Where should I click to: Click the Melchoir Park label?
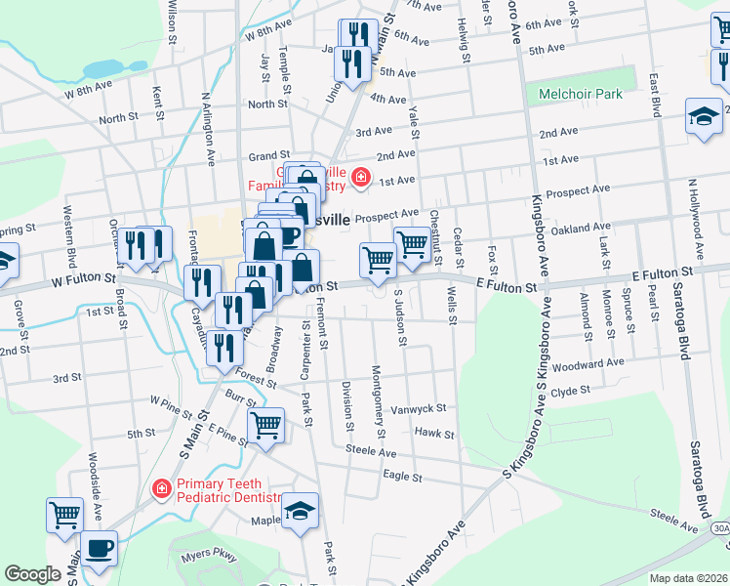(581, 95)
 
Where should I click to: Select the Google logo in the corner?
(32, 574)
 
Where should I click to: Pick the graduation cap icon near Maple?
(301, 510)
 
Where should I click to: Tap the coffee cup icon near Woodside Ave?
(99, 547)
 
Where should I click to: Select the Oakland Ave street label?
(580, 229)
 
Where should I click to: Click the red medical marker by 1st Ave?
(361, 177)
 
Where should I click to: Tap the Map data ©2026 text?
(688, 578)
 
